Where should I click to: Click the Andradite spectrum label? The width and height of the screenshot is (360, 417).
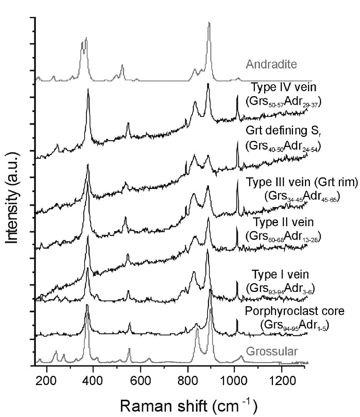pos(271,64)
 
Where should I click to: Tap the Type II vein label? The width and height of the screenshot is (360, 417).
pos(283,222)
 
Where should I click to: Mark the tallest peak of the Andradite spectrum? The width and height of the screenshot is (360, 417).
pos(209,24)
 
